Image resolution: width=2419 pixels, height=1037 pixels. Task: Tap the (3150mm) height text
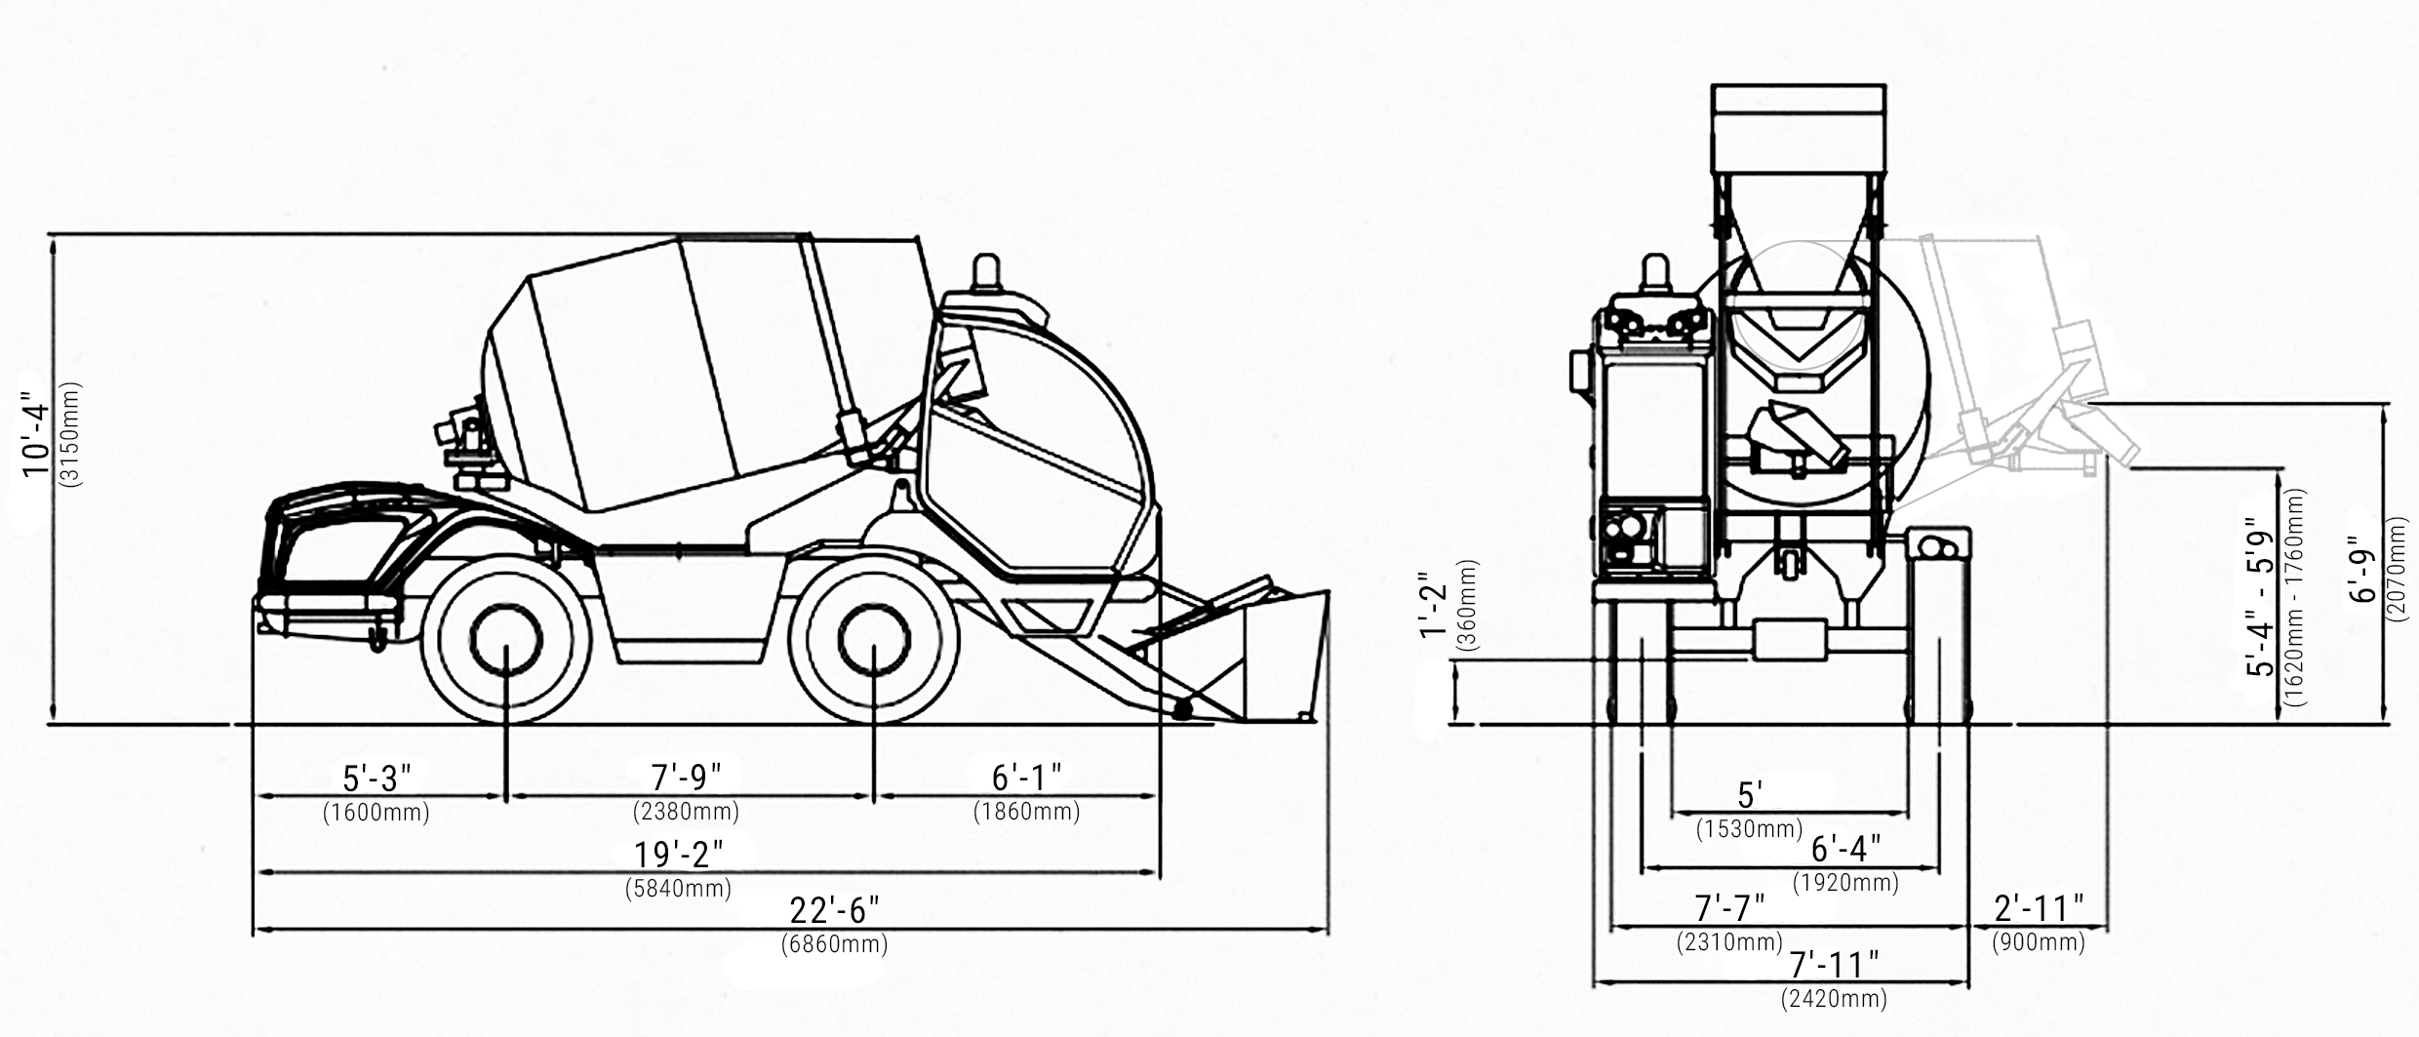click(x=71, y=434)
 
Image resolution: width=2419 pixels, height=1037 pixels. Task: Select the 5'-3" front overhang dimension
click(x=377, y=778)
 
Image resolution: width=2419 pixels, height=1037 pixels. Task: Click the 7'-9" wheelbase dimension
click(x=687, y=778)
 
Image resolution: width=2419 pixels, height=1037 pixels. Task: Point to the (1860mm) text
click(x=1026, y=812)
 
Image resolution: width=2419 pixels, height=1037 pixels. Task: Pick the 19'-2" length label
click(x=679, y=855)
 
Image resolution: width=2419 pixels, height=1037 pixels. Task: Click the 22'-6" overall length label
click(x=834, y=910)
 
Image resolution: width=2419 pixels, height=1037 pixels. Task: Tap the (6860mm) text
click(x=834, y=944)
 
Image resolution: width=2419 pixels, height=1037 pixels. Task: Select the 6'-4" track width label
click(x=1845, y=849)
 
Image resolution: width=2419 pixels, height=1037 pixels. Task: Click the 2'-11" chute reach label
click(x=2039, y=909)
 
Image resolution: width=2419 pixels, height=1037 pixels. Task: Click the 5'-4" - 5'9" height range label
click(x=2261, y=597)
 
